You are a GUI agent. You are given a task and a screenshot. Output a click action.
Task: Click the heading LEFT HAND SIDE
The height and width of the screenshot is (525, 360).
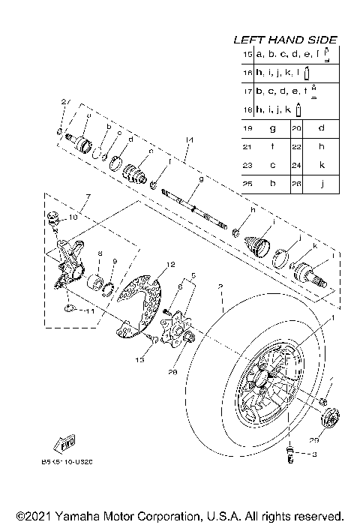tap(284, 40)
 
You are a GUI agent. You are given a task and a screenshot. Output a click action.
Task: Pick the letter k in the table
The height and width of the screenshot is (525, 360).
tap(321, 164)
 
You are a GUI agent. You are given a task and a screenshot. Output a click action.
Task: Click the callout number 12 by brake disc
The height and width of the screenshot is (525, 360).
tap(170, 265)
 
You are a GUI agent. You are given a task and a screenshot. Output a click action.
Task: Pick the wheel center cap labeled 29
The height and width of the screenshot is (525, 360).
tap(329, 416)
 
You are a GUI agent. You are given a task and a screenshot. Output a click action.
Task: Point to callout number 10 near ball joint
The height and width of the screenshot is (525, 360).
tap(73, 217)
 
